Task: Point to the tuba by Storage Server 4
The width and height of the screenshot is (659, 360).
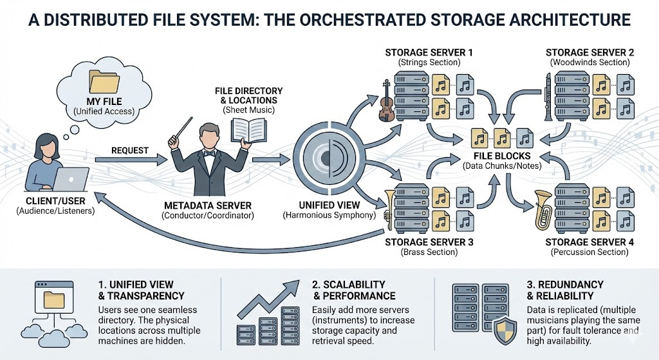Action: (542, 209)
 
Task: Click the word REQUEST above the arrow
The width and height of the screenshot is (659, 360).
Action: (129, 151)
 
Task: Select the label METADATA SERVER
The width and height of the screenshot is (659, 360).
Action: (209, 205)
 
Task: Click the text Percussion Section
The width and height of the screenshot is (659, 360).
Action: (589, 252)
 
